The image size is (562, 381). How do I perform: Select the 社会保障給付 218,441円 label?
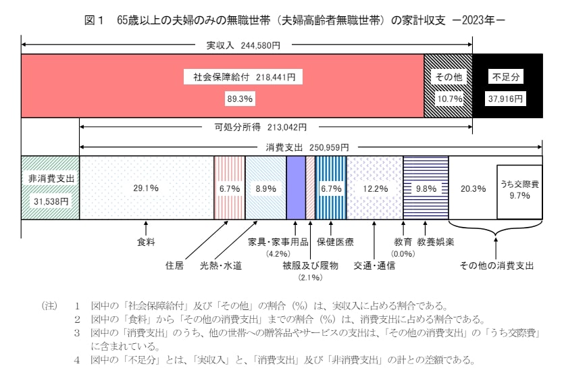240,77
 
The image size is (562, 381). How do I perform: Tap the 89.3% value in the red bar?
239,99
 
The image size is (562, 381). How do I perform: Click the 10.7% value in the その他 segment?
447,99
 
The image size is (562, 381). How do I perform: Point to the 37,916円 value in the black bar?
507,99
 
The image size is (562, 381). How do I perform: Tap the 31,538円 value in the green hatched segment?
50,201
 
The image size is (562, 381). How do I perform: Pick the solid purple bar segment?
296,188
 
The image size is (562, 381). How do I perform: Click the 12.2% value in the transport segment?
374,188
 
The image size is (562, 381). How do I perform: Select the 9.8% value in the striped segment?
425,188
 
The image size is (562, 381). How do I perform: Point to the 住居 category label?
175,265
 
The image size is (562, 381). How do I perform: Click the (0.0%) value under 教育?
403,253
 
